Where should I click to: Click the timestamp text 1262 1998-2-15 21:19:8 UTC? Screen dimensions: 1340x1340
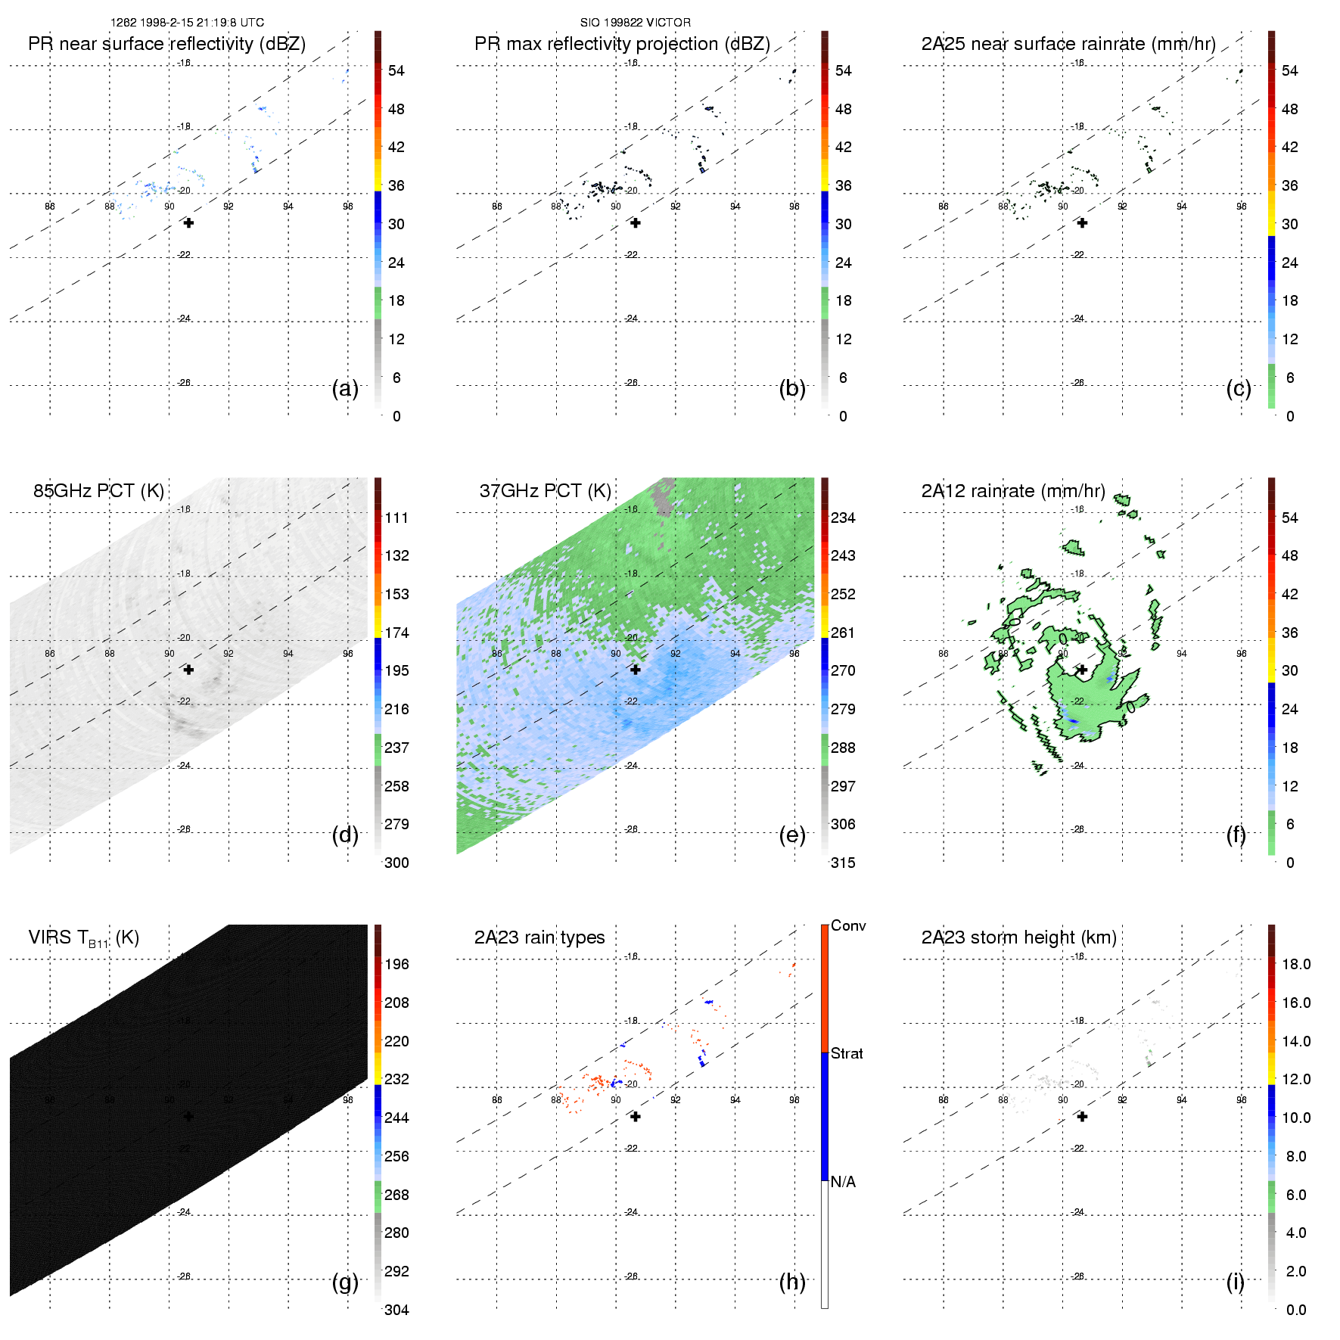tap(187, 23)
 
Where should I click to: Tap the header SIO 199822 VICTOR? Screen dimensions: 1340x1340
tap(635, 23)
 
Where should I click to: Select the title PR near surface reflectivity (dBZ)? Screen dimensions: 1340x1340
tap(166, 44)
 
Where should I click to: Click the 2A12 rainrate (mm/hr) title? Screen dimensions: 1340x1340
tap(1012, 491)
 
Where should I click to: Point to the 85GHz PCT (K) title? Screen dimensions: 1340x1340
tap(98, 491)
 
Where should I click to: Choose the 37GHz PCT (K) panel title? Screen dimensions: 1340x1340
tap(545, 491)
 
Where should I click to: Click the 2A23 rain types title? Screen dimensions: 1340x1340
tap(539, 937)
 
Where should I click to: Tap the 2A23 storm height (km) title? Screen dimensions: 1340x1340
tap(1018, 937)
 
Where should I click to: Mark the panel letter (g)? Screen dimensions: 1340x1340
tap(345, 1282)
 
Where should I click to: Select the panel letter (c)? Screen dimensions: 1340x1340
tap(1238, 388)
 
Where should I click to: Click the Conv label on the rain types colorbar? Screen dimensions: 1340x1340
tap(847, 925)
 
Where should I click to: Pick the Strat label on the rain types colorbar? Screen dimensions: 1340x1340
tap(847, 1053)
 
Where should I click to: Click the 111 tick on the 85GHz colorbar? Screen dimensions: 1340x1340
tap(396, 518)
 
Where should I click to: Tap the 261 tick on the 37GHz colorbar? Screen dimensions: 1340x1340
tap(843, 633)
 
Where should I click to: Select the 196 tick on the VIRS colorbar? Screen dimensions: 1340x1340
tap(396, 964)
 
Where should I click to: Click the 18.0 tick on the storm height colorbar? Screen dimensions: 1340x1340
tap(1295, 964)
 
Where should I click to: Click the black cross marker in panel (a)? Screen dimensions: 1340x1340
tap(188, 223)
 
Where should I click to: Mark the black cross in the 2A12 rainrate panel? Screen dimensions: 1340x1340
tap(1082, 670)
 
